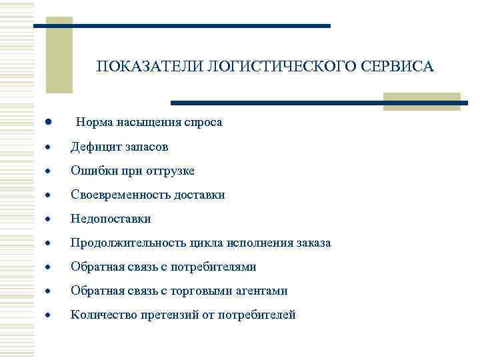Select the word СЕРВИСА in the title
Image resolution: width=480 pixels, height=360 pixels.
coord(398,67)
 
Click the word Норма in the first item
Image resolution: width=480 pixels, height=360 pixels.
coord(95,123)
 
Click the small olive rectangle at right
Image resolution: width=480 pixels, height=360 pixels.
coord(422,101)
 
